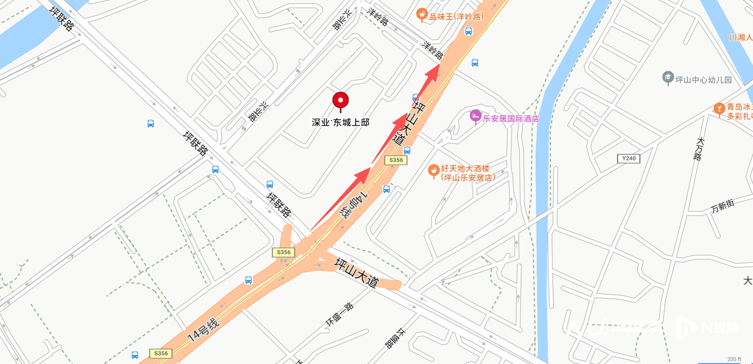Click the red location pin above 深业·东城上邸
tap(340, 100)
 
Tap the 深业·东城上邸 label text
tap(340, 122)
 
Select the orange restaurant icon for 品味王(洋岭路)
tap(422, 15)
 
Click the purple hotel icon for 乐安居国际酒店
tap(475, 116)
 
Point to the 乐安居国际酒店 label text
tap(511, 119)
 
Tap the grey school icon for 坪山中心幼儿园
tap(668, 78)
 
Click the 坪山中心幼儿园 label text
tap(703, 80)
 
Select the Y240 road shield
tap(628, 158)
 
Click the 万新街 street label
tap(722, 206)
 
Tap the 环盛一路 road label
tap(339, 314)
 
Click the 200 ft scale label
tap(734, 359)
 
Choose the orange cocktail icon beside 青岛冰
tap(719, 109)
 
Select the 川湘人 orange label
tap(741, 37)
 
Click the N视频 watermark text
tap(720, 327)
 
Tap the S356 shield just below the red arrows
tap(396, 160)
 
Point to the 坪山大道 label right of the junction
tap(356, 273)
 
